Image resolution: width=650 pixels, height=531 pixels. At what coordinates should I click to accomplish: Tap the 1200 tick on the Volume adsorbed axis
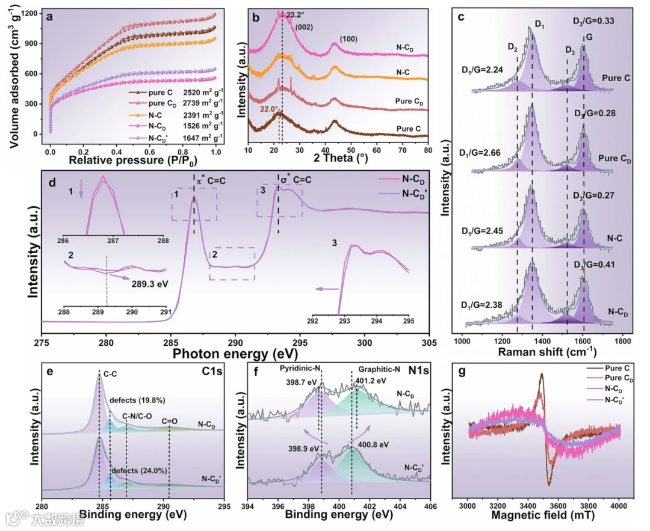point(29,13)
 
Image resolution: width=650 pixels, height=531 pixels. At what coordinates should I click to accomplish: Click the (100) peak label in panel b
point(351,39)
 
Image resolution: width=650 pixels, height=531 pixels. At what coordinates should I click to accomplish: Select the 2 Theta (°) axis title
point(336,160)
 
